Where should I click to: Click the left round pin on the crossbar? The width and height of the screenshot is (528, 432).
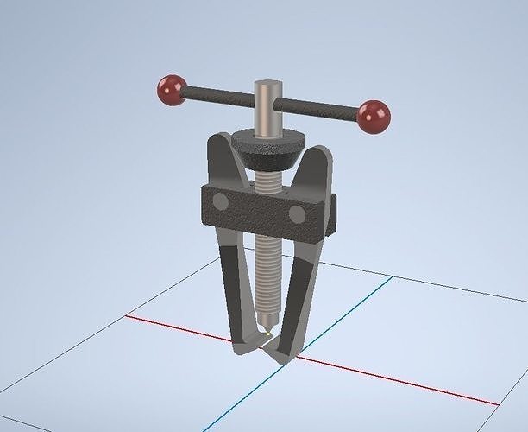click(220, 201)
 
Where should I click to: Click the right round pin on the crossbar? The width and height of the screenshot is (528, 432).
click(297, 213)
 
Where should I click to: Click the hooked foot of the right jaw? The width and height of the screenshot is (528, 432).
click(278, 353)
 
